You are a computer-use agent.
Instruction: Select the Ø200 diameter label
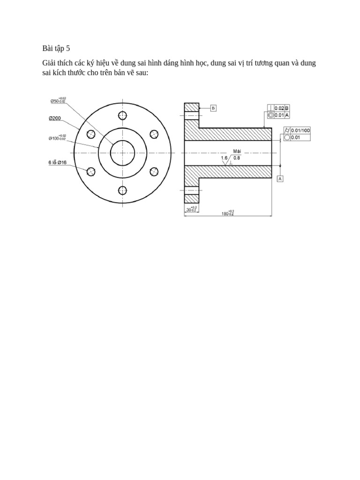click(55, 119)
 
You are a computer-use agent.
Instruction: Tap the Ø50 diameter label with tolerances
click(58, 100)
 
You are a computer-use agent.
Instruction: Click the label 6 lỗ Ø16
click(57, 162)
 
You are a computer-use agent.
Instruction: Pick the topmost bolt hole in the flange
click(122, 115)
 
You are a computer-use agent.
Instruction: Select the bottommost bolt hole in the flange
click(122, 190)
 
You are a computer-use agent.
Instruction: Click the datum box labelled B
click(213, 108)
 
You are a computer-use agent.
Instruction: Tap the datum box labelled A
click(280, 179)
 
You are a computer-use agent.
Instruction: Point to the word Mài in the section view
click(237, 151)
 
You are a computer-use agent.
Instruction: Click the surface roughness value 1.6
click(224, 158)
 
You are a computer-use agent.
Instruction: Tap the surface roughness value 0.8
click(237, 158)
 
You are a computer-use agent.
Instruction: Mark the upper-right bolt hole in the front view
click(154, 135)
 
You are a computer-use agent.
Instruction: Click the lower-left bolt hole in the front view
click(91, 172)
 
